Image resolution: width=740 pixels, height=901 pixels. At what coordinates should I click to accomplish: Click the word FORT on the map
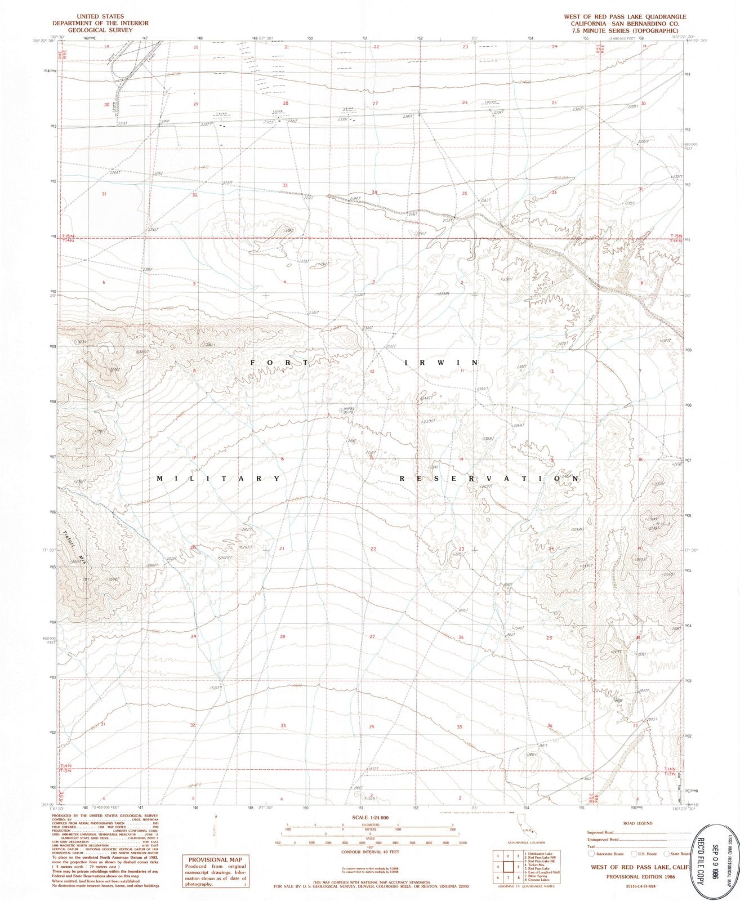(279, 363)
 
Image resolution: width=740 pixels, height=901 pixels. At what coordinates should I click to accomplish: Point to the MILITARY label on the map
(219, 479)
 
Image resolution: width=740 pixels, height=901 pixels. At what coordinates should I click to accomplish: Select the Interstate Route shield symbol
(590, 854)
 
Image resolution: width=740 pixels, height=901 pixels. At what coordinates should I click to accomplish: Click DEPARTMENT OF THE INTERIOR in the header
(92, 24)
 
